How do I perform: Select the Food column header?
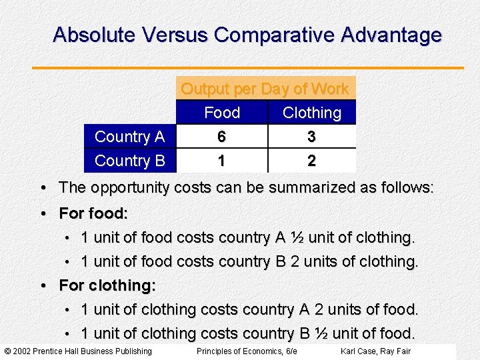click(222, 113)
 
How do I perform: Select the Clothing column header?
click(311, 113)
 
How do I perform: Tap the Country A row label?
click(129, 137)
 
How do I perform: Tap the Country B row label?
click(129, 161)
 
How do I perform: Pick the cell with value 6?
click(222, 137)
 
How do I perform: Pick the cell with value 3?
click(311, 137)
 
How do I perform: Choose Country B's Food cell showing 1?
click(222, 161)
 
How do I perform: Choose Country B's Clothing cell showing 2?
click(311, 161)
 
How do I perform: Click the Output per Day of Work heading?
click(265, 89)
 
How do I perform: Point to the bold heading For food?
click(93, 213)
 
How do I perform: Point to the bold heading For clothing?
click(107, 285)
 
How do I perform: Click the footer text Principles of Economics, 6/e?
click(247, 351)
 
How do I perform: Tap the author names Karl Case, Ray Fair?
click(375, 351)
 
